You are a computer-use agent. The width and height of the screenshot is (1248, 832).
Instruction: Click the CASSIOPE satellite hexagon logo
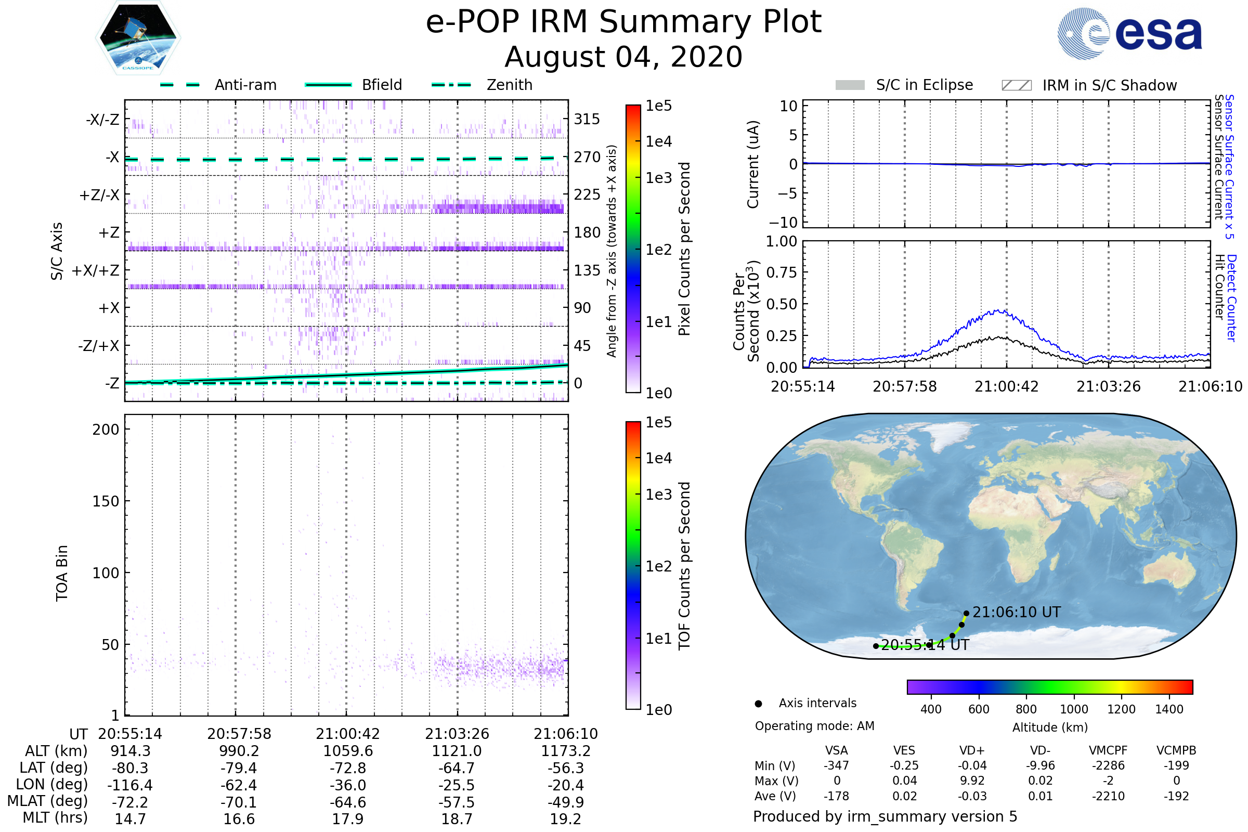(138, 37)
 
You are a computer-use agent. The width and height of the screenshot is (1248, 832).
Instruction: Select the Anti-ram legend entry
(245, 85)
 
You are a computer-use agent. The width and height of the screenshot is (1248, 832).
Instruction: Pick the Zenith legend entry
(509, 85)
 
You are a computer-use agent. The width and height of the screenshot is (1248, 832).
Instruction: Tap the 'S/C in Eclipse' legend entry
(924, 85)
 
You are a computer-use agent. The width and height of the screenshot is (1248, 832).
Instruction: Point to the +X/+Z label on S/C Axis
(96, 270)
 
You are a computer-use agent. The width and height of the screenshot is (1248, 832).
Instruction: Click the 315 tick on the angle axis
(587, 120)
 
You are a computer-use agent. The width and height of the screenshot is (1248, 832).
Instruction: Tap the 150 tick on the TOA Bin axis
(106, 501)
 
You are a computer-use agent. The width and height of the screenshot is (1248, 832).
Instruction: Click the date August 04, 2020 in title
(623, 57)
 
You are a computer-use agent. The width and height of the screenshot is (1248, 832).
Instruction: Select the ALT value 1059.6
(348, 751)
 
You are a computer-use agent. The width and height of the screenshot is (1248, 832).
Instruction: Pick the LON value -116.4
(130, 785)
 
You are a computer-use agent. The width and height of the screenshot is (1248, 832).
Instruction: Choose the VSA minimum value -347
(836, 765)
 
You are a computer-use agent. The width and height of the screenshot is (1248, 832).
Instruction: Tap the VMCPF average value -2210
(1108, 797)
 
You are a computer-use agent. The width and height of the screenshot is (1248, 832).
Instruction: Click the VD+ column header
(972, 751)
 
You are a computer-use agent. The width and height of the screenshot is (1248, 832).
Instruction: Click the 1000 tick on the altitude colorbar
(1074, 709)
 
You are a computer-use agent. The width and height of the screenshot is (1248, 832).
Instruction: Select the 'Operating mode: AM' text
(814, 726)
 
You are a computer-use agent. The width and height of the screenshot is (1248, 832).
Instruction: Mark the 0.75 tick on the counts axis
(782, 272)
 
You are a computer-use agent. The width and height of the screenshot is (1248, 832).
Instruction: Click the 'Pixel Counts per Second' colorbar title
(684, 249)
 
